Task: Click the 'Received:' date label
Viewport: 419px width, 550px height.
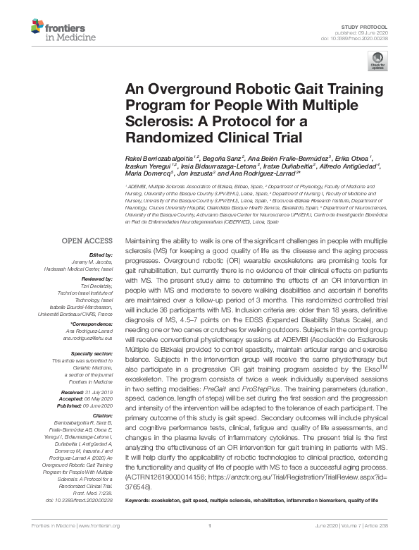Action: click(x=73, y=391)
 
